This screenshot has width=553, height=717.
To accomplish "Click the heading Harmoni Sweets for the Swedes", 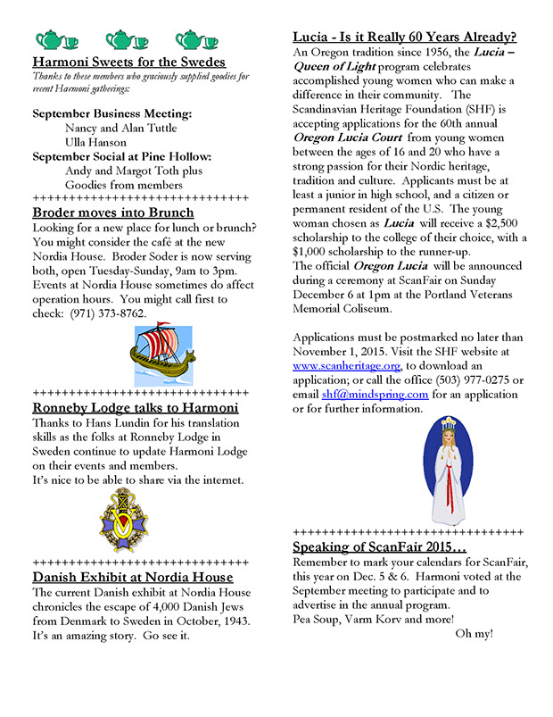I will tap(128, 63).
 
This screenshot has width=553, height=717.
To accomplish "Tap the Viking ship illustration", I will tap(138, 355).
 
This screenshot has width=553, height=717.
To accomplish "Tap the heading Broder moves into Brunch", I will tap(112, 213).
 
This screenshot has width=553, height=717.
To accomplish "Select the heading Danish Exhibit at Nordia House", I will tap(134, 578).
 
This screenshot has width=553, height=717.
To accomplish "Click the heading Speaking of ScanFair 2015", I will tap(380, 546).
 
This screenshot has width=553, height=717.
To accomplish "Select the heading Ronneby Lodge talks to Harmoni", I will tap(135, 408).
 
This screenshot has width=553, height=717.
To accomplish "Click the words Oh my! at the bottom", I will tap(475, 634).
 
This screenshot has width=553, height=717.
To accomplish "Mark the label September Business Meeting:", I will tap(111, 114).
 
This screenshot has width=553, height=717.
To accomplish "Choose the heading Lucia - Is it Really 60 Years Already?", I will tap(405, 38).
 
